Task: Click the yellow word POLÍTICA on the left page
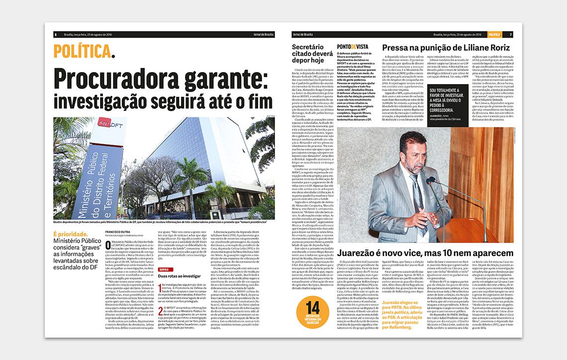click(82, 51)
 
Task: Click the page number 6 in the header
click(56, 35)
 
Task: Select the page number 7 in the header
click(510, 34)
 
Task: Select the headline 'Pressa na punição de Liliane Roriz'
click(446, 48)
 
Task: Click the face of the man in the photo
click(413, 149)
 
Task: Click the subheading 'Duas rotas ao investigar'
click(179, 275)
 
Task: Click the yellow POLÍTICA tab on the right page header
click(494, 34)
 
